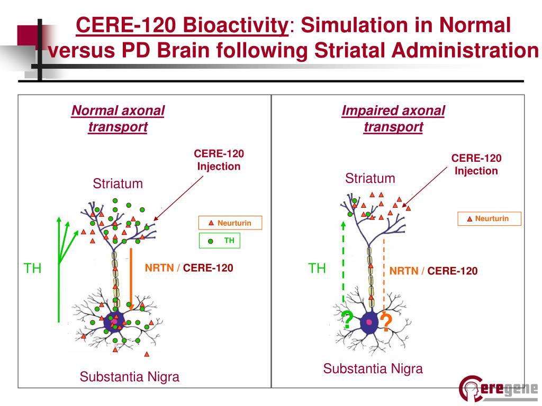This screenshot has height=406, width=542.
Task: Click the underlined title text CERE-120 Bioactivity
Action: click(x=182, y=25)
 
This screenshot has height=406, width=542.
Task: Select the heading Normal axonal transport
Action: click(x=118, y=119)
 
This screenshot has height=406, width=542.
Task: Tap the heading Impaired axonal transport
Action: click(x=393, y=119)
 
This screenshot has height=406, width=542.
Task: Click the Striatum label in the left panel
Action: click(x=118, y=183)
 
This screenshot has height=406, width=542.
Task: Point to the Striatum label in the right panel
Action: click(x=370, y=178)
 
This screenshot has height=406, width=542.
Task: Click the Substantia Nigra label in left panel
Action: click(x=129, y=377)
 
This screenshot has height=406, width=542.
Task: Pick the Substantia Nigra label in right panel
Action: click(x=373, y=368)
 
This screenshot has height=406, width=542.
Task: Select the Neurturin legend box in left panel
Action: click(x=230, y=223)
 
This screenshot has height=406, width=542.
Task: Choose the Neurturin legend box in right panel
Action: click(x=489, y=218)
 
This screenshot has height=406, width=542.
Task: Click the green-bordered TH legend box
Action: click(x=220, y=241)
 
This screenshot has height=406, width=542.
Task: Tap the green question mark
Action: click(x=348, y=320)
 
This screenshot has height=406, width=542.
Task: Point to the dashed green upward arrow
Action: click(x=344, y=264)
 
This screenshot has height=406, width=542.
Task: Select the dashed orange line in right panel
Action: click(x=383, y=275)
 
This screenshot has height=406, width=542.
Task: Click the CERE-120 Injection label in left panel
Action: click(x=219, y=160)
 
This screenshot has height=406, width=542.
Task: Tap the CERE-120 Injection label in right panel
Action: click(x=476, y=164)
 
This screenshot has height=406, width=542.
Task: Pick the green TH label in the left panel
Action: click(x=33, y=268)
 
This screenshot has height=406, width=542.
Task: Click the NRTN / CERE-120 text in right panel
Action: click(x=433, y=271)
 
